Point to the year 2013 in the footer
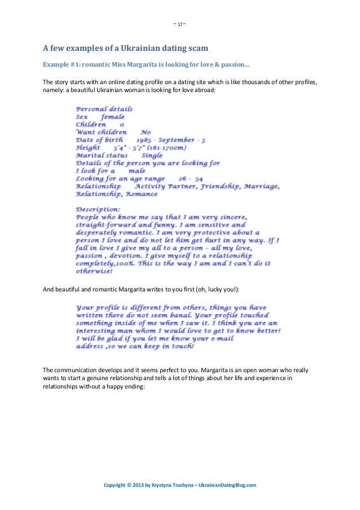pos(137,485)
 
